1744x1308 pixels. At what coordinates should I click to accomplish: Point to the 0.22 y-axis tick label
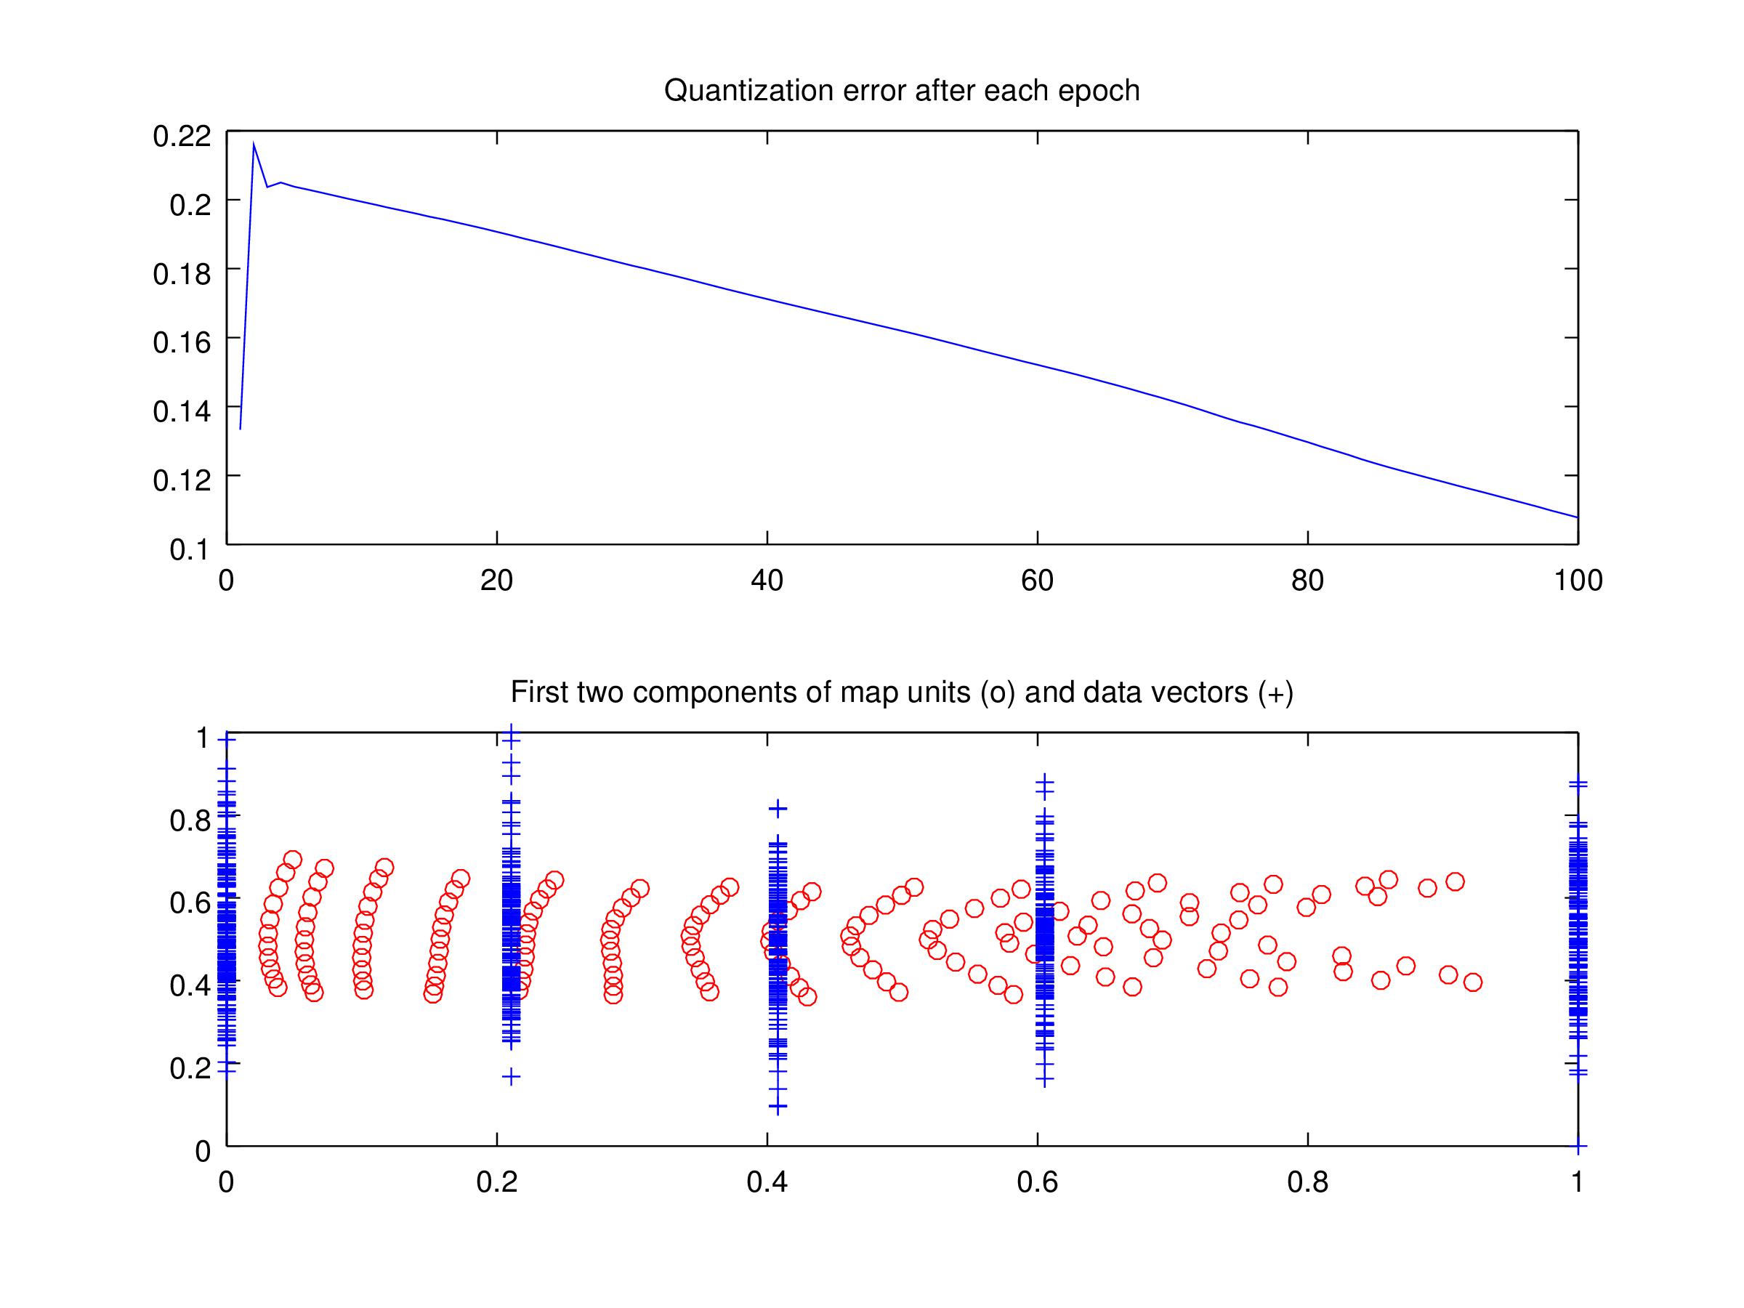(182, 137)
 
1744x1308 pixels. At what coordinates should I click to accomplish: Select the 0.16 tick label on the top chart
(182, 342)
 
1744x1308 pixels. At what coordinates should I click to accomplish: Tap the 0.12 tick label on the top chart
(182, 480)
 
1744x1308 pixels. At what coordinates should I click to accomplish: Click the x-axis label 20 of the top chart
(497, 581)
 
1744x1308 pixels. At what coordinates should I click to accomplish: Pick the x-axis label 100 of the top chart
(1578, 581)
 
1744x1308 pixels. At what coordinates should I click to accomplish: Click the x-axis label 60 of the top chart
(1037, 581)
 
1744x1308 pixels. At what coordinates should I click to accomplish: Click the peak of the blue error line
(253, 143)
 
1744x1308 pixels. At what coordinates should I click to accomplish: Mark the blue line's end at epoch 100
(1577, 517)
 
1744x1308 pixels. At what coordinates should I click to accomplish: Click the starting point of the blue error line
(240, 429)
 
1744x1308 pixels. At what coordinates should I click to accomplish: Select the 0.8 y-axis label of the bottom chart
(190, 820)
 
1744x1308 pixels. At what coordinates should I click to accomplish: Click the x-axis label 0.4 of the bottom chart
(767, 1182)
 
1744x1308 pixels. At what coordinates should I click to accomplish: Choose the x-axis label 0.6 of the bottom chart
(1037, 1182)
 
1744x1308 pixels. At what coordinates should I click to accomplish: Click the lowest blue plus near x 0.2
(512, 1076)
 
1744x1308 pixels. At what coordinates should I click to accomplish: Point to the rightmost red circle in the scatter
(1472, 982)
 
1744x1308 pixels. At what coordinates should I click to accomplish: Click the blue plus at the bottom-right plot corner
(1578, 1145)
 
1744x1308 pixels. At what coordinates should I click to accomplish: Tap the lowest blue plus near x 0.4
(778, 1107)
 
